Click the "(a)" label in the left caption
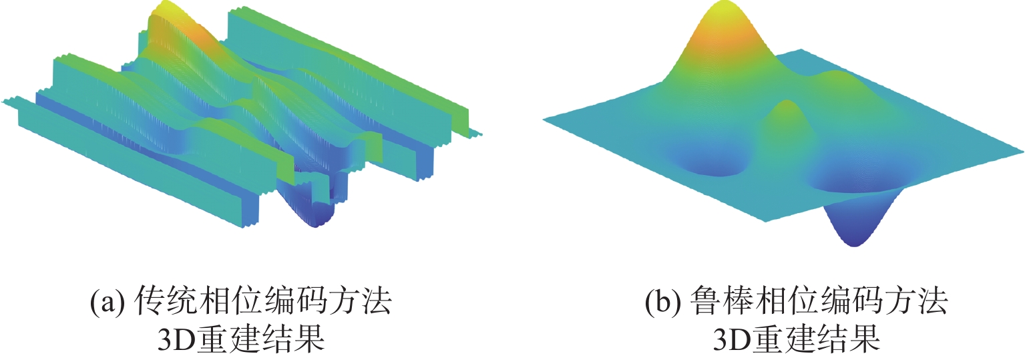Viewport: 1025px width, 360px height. [x=107, y=301]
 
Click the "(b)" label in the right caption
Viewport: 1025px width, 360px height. [x=662, y=301]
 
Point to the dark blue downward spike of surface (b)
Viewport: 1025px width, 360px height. [x=854, y=228]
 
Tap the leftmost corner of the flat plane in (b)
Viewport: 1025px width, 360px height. [x=544, y=120]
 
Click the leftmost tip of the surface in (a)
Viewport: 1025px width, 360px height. [x=2, y=102]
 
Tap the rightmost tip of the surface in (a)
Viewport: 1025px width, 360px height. [x=482, y=134]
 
